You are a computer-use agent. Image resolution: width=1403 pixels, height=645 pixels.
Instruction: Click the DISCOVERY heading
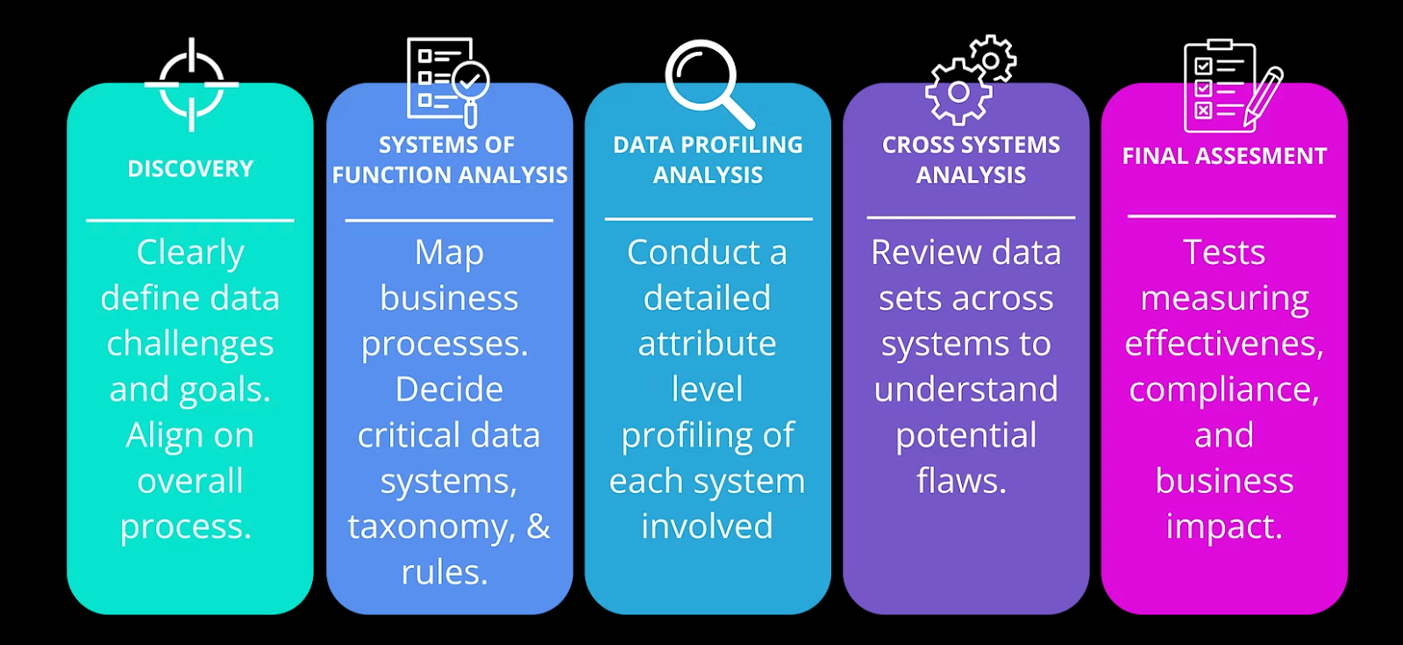tap(190, 168)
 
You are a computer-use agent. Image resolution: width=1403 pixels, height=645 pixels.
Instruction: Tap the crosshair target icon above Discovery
tap(191, 84)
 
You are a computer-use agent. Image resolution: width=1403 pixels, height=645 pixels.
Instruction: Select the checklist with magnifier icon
tap(447, 81)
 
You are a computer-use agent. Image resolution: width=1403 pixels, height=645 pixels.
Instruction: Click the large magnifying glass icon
tap(708, 82)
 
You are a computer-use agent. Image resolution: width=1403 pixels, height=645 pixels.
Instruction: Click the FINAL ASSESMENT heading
tap(1224, 156)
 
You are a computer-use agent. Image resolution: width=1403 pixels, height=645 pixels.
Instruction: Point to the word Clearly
tap(190, 253)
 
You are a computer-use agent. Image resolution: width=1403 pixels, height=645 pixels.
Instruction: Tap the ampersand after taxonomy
tap(538, 526)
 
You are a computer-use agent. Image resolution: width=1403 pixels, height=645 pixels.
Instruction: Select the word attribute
tap(707, 344)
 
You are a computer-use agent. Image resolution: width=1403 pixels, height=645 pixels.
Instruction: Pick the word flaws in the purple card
tap(961, 481)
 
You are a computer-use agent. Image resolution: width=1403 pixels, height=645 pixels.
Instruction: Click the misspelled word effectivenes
tap(1223, 344)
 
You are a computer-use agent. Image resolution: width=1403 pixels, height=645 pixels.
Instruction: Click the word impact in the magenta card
tap(1223, 527)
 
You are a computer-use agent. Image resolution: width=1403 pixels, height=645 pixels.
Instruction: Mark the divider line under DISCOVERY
tap(190, 220)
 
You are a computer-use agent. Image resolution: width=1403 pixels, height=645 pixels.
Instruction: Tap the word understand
tap(965, 390)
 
